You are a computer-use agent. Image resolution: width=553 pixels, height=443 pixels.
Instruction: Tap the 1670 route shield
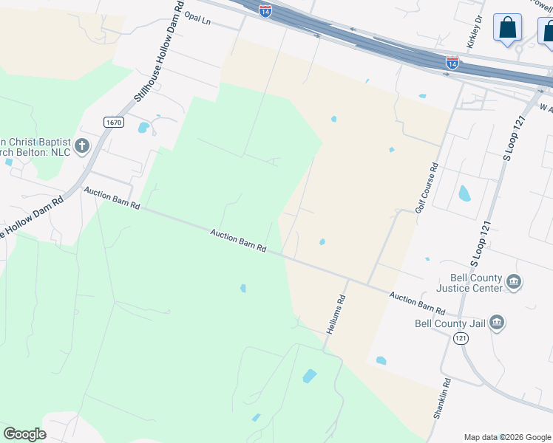tap(113, 123)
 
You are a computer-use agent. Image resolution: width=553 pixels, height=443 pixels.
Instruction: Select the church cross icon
tap(82, 145)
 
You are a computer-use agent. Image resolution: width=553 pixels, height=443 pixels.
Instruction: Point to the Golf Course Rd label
tap(427, 188)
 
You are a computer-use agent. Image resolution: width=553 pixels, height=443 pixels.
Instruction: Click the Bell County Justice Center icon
tap(514, 282)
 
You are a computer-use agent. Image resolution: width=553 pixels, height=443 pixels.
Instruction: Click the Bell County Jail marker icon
tap(497, 322)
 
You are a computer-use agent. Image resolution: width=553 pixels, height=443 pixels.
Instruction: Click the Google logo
tap(24, 433)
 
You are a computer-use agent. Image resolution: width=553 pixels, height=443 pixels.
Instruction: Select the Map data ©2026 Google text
tap(506, 437)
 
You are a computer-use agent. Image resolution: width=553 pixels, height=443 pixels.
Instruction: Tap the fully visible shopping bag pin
tap(508, 29)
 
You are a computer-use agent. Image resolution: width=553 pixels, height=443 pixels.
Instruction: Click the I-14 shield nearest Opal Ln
tap(265, 10)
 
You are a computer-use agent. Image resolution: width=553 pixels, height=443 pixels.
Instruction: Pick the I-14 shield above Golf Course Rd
tap(452, 63)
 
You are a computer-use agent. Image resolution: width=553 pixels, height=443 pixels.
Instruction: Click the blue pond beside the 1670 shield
tap(143, 127)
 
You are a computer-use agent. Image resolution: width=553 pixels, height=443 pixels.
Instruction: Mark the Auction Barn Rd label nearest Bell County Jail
tap(418, 303)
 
